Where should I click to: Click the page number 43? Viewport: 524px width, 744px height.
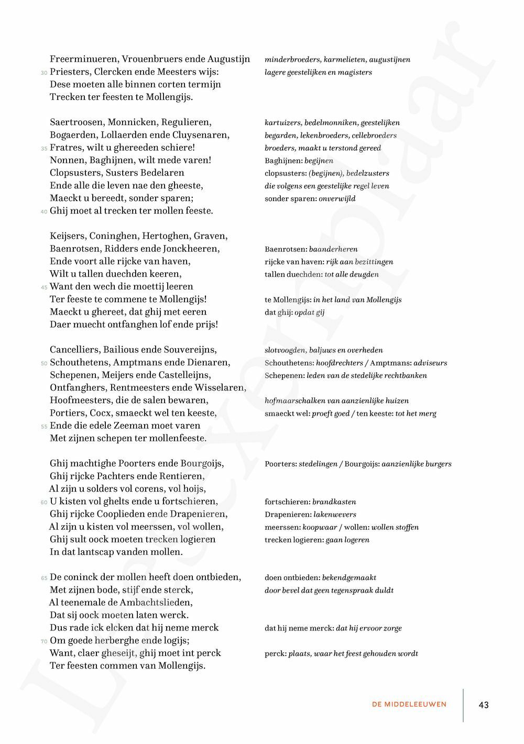point(484,705)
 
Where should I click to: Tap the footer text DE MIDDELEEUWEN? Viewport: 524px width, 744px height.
point(409,705)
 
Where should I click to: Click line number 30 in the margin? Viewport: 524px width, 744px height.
point(44,73)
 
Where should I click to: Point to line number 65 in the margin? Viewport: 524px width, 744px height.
point(44,578)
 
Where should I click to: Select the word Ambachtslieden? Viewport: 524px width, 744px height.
point(156,602)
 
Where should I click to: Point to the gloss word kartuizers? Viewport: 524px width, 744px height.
point(283,123)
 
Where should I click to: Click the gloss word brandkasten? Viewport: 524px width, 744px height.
point(334,502)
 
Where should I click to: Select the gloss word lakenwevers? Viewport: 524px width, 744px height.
point(335,515)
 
